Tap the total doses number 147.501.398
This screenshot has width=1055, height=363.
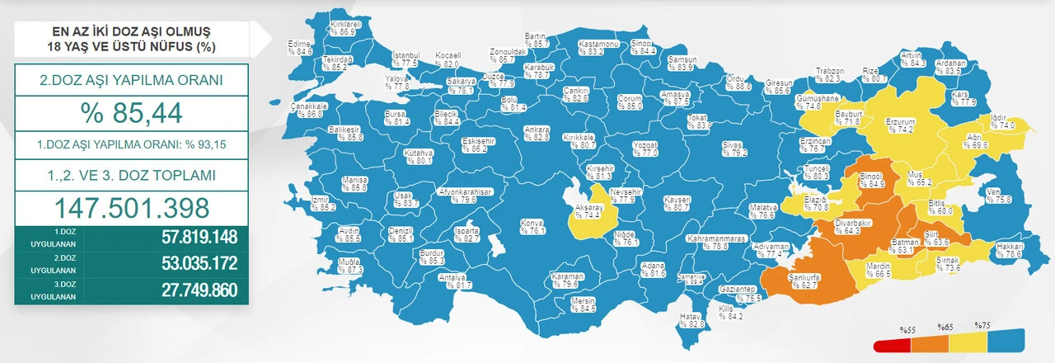point(132,206)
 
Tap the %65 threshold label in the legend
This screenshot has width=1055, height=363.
point(945,327)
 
